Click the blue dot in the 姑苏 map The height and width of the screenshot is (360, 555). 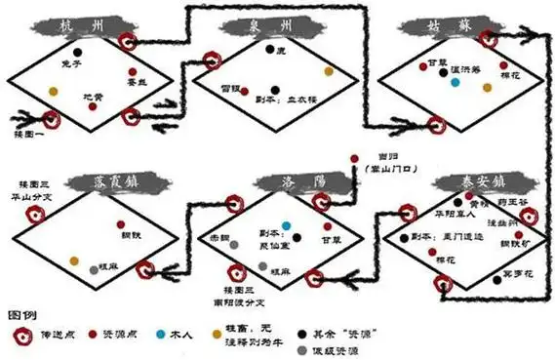pyautogui.click(x=456, y=82)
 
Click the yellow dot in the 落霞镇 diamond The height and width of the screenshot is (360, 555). pyautogui.click(x=73, y=259)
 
